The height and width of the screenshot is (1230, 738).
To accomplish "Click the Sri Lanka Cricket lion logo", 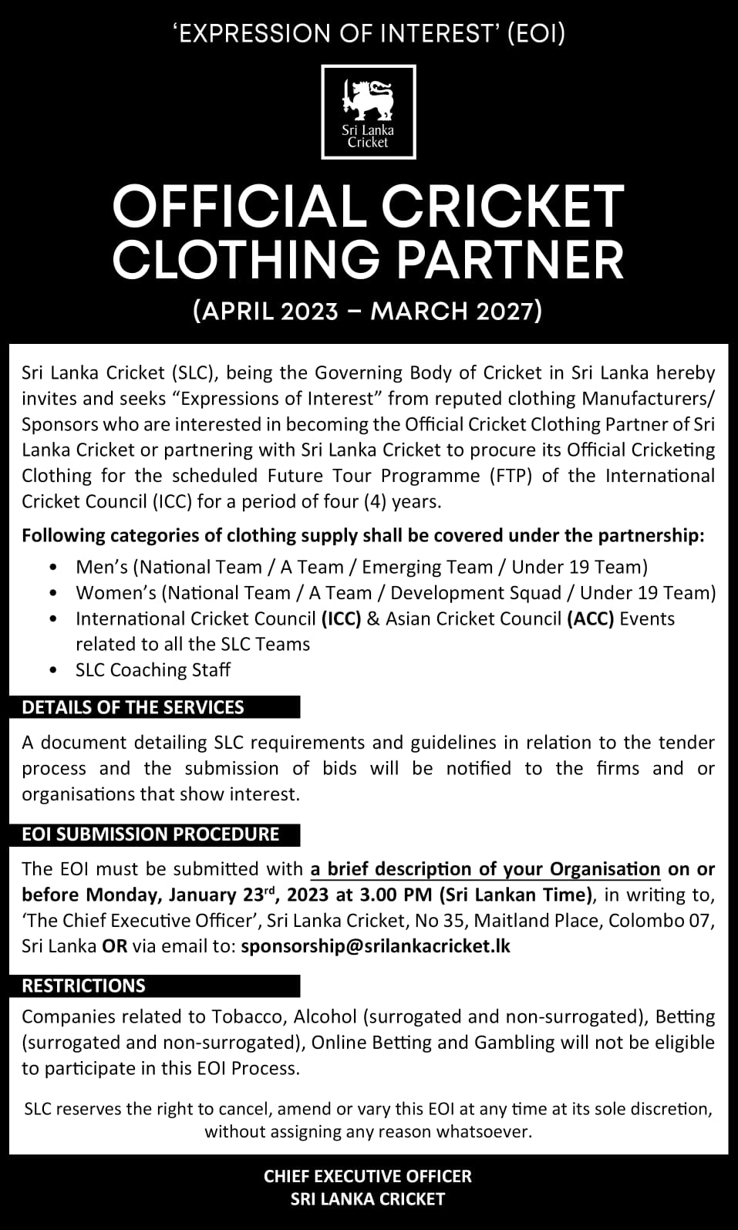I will click(368, 112).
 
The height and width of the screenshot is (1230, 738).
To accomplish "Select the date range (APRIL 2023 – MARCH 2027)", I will click(369, 311).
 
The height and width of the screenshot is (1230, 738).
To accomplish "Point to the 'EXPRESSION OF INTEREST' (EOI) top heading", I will click(369, 33).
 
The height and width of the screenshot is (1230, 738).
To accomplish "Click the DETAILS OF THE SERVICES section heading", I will click(133, 707).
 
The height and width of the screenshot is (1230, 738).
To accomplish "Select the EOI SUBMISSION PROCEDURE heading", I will click(150, 834).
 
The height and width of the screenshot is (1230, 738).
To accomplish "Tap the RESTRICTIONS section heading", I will click(83, 986).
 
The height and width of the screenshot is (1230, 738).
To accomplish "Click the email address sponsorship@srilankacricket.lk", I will click(376, 946).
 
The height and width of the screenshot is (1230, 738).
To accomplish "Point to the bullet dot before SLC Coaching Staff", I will click(52, 670).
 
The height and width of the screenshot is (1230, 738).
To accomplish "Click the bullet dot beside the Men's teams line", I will click(52, 568).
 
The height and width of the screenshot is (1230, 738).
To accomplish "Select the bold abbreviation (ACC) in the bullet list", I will click(590, 618).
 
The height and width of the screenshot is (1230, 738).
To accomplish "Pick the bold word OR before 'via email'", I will click(115, 946).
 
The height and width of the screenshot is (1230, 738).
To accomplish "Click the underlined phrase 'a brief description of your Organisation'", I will click(485, 869).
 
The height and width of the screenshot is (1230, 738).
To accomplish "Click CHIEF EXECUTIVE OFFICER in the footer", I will click(368, 1176).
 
